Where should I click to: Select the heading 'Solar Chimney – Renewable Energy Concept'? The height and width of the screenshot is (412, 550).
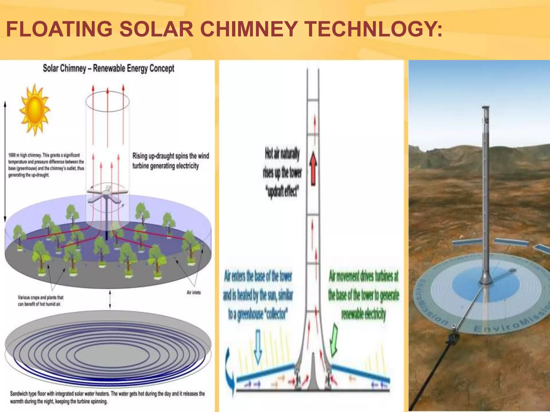tap(108, 68)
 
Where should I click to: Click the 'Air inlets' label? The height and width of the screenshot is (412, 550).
tap(194, 292)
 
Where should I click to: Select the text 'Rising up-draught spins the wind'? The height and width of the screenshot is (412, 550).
tap(171, 156)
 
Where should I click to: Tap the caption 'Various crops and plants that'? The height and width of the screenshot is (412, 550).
tap(41, 297)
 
